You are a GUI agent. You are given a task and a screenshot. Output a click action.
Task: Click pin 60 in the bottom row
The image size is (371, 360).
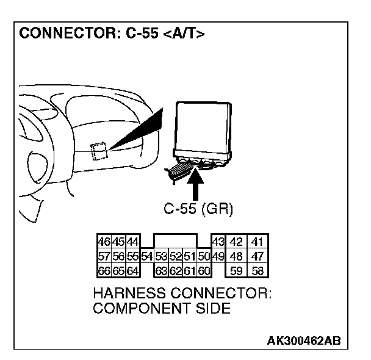pyautogui.click(x=204, y=269)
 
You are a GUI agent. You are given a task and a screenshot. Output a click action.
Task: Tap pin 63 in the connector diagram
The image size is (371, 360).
pyautogui.click(x=160, y=269)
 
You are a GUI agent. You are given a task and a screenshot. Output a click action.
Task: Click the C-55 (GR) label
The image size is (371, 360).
pyautogui.click(x=198, y=209)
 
